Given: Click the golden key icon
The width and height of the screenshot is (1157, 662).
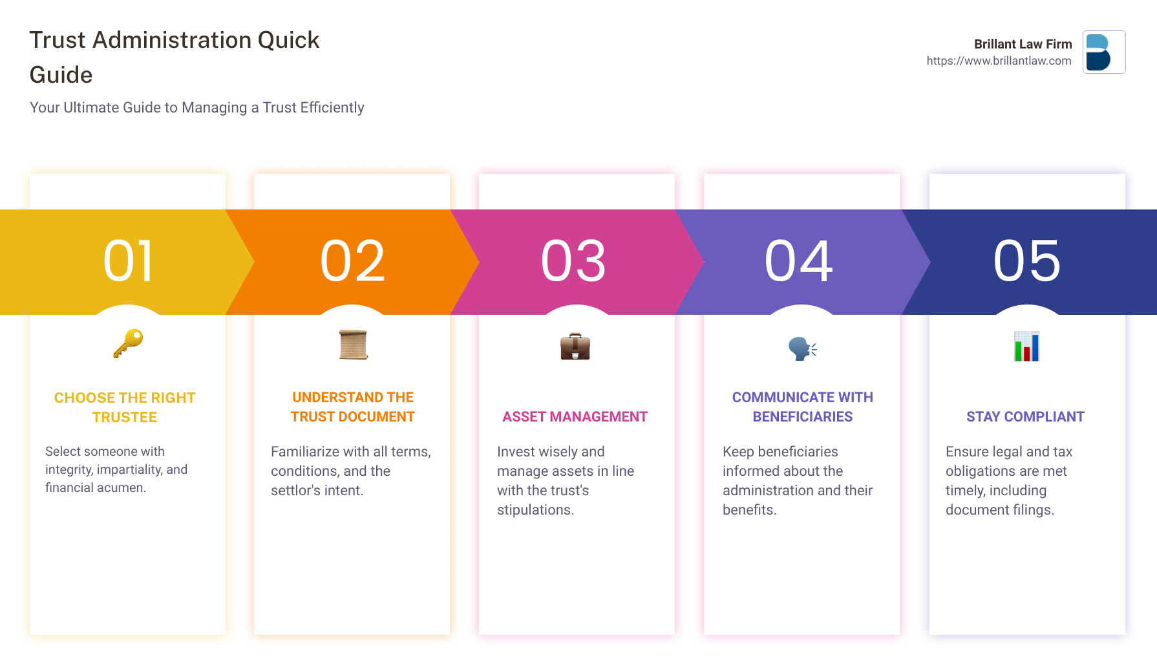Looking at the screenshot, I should coord(128,343).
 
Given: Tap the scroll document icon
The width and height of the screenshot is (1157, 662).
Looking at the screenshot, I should coord(353,345).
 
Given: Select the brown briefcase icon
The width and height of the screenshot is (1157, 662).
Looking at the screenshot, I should coord(575,347).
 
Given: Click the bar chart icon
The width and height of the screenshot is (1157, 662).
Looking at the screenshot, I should coord(1026,347).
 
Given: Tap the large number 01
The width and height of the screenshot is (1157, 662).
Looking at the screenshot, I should coord(129,261).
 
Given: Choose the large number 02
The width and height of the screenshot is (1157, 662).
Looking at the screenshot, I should coord(353,261).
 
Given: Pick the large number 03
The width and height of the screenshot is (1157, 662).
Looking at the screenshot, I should coord(574,261).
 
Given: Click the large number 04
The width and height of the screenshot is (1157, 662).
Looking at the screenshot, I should coord(799,261).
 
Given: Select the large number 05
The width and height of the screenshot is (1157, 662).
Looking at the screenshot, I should coord(1027,261).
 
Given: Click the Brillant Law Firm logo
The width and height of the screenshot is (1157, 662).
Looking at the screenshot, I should coord(1104,52).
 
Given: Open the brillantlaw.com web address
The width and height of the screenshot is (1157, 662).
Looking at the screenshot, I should coord(999,61).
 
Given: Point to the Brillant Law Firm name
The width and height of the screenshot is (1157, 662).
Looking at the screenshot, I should coord(1023,44).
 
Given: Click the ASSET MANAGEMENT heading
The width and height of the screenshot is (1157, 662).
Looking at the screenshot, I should coord(575,417).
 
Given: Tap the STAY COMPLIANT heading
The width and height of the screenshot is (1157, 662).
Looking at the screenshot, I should coord(1025,417).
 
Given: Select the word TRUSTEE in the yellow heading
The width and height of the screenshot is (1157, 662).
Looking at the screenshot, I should coord(125,418).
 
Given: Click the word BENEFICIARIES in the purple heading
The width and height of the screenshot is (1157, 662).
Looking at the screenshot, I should coord(802,417).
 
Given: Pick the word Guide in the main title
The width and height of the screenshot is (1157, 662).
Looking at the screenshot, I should coord(61,75).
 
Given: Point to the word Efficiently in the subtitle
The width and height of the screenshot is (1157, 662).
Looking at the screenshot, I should coord(332,107).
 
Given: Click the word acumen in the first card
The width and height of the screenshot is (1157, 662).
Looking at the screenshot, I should coord(123,488).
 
